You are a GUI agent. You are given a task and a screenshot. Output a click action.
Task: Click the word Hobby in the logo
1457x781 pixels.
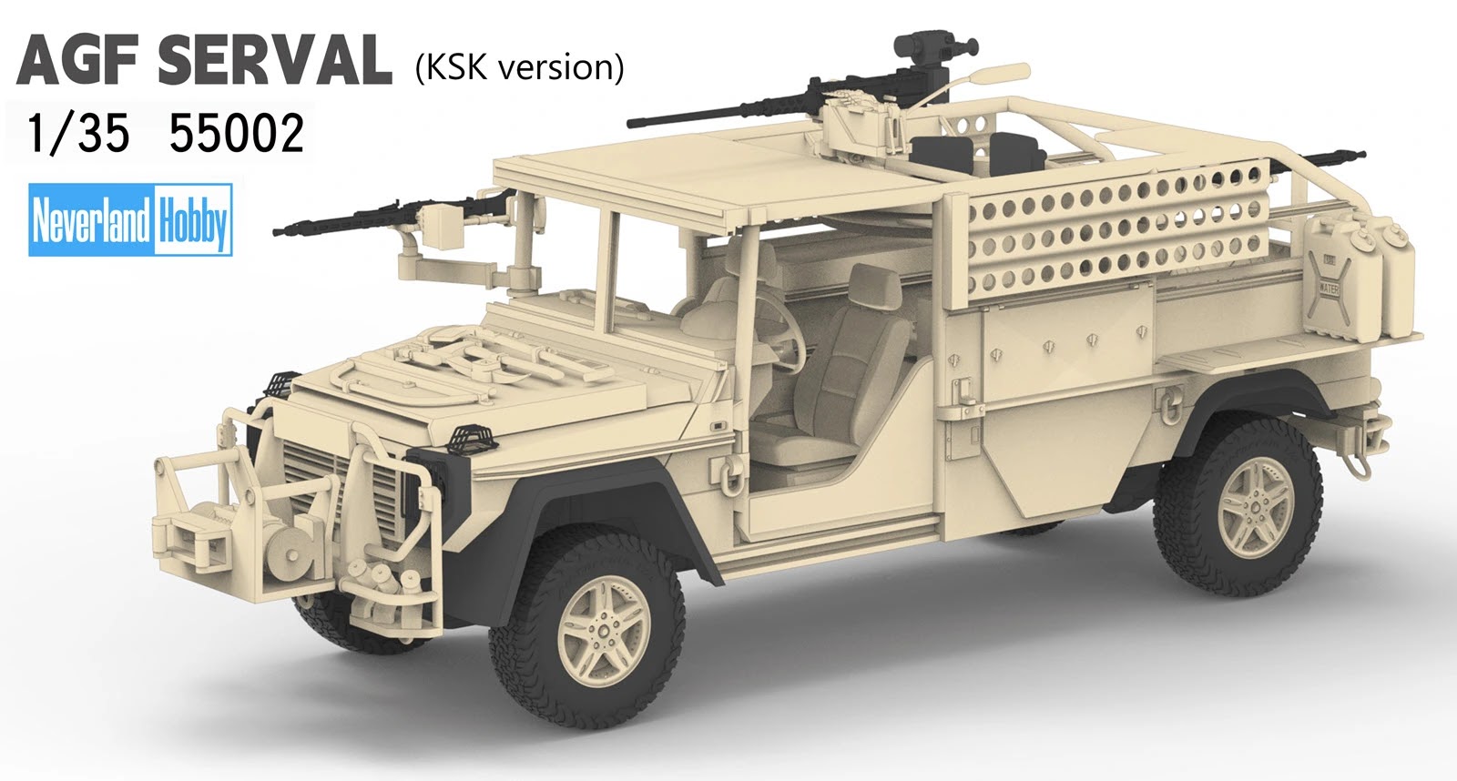(x=192, y=219)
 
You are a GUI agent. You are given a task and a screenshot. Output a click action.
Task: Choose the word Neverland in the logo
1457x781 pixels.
(x=91, y=219)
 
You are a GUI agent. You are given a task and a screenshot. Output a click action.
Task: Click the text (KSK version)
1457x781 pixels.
(x=519, y=67)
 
